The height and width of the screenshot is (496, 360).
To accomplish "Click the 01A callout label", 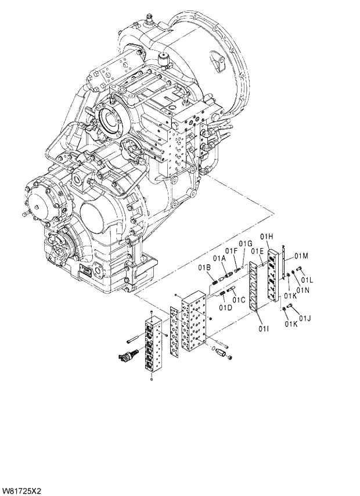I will (219, 258).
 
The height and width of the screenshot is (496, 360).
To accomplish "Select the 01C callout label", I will (238, 300).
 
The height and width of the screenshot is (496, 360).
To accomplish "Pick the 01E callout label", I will (257, 251).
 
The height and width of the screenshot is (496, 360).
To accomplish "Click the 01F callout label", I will (232, 251).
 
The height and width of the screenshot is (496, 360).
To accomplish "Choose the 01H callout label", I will (267, 236).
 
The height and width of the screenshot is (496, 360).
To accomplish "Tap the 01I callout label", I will (263, 330).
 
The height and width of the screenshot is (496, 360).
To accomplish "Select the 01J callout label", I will (306, 318).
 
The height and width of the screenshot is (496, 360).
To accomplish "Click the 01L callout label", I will (307, 280).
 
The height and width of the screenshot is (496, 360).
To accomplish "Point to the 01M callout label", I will (300, 256).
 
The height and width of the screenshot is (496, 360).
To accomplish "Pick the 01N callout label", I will (303, 290).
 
